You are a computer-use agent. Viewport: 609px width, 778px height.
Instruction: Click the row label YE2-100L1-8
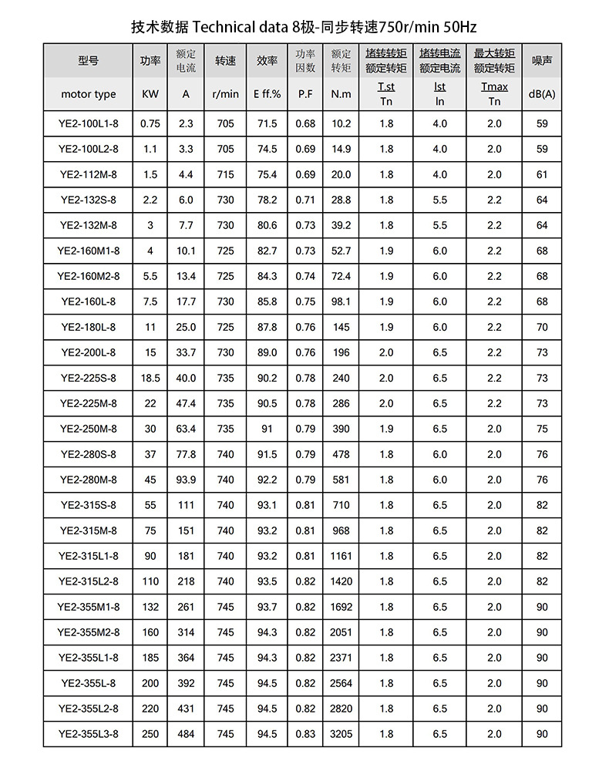89,123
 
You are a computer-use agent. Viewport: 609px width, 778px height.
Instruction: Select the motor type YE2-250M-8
89,429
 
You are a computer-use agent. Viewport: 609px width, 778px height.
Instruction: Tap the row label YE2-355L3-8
89,734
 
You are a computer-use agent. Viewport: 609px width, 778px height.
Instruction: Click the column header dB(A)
542,94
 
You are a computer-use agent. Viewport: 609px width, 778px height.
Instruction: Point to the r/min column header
225,94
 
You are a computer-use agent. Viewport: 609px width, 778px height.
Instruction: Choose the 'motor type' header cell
89,94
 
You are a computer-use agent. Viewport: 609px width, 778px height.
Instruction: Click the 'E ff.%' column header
267,94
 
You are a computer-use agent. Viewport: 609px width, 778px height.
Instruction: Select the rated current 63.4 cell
186,429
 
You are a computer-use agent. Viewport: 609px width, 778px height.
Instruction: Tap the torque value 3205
341,734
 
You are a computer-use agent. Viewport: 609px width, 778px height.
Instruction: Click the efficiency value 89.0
267,352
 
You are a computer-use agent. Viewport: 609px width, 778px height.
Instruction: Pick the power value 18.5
150,378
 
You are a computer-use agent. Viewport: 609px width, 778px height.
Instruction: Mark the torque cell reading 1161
341,556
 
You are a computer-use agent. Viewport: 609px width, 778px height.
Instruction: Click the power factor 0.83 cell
305,734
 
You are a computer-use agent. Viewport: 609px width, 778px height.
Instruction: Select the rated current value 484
186,734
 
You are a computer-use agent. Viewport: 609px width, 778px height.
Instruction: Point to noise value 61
542,175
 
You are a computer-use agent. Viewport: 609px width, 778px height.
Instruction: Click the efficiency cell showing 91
267,429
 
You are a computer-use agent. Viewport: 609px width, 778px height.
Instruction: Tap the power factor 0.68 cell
305,123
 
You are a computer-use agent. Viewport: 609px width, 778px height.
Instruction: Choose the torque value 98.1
341,301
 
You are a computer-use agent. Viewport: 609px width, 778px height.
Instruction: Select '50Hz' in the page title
459,27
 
